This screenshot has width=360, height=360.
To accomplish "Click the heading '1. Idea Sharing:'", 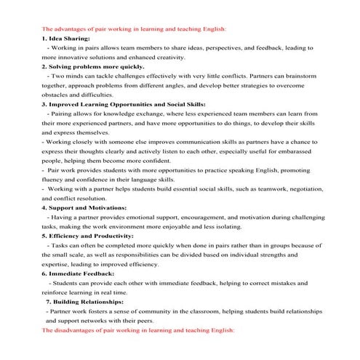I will (66, 38).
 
